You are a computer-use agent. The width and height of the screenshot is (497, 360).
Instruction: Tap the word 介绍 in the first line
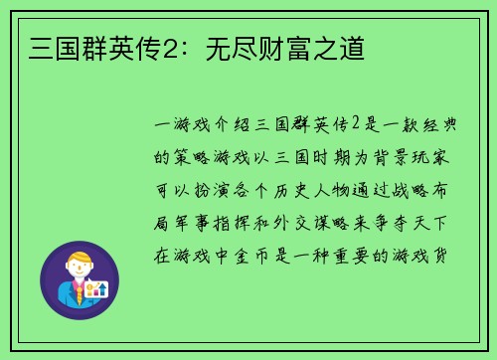(233, 126)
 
